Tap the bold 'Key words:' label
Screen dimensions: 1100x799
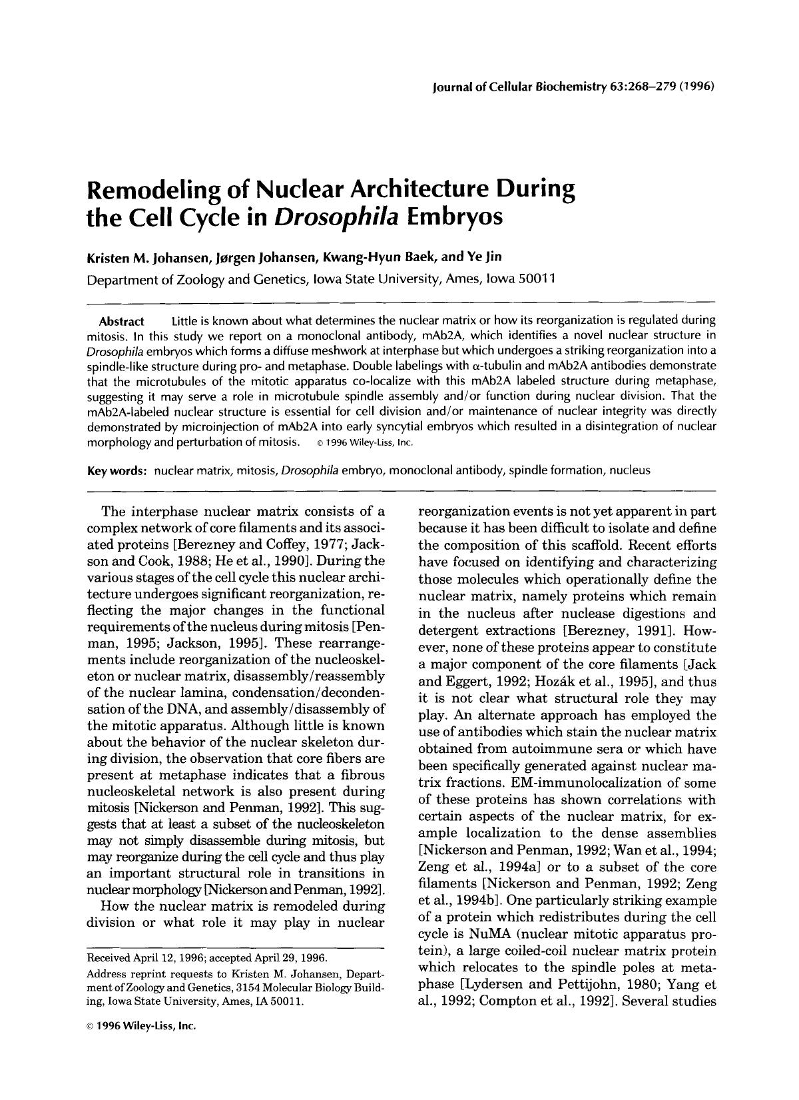[117, 470]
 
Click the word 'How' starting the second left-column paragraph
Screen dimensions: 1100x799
[111, 906]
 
